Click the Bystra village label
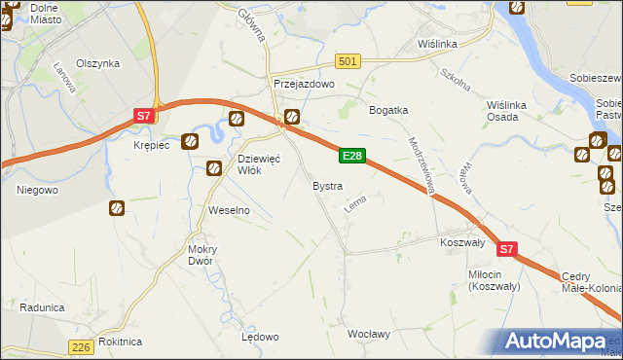pos(326,185)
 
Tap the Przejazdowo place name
pos(304,85)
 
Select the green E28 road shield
pos(352,156)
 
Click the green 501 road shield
pos(348,61)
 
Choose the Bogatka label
pos(387,110)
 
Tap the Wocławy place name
pos(369,334)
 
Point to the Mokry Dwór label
pos(202,255)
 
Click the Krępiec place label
pos(151,145)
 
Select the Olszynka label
pos(97,63)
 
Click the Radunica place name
pos(41,307)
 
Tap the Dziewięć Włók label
pos(259,164)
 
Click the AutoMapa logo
pos(559,341)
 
